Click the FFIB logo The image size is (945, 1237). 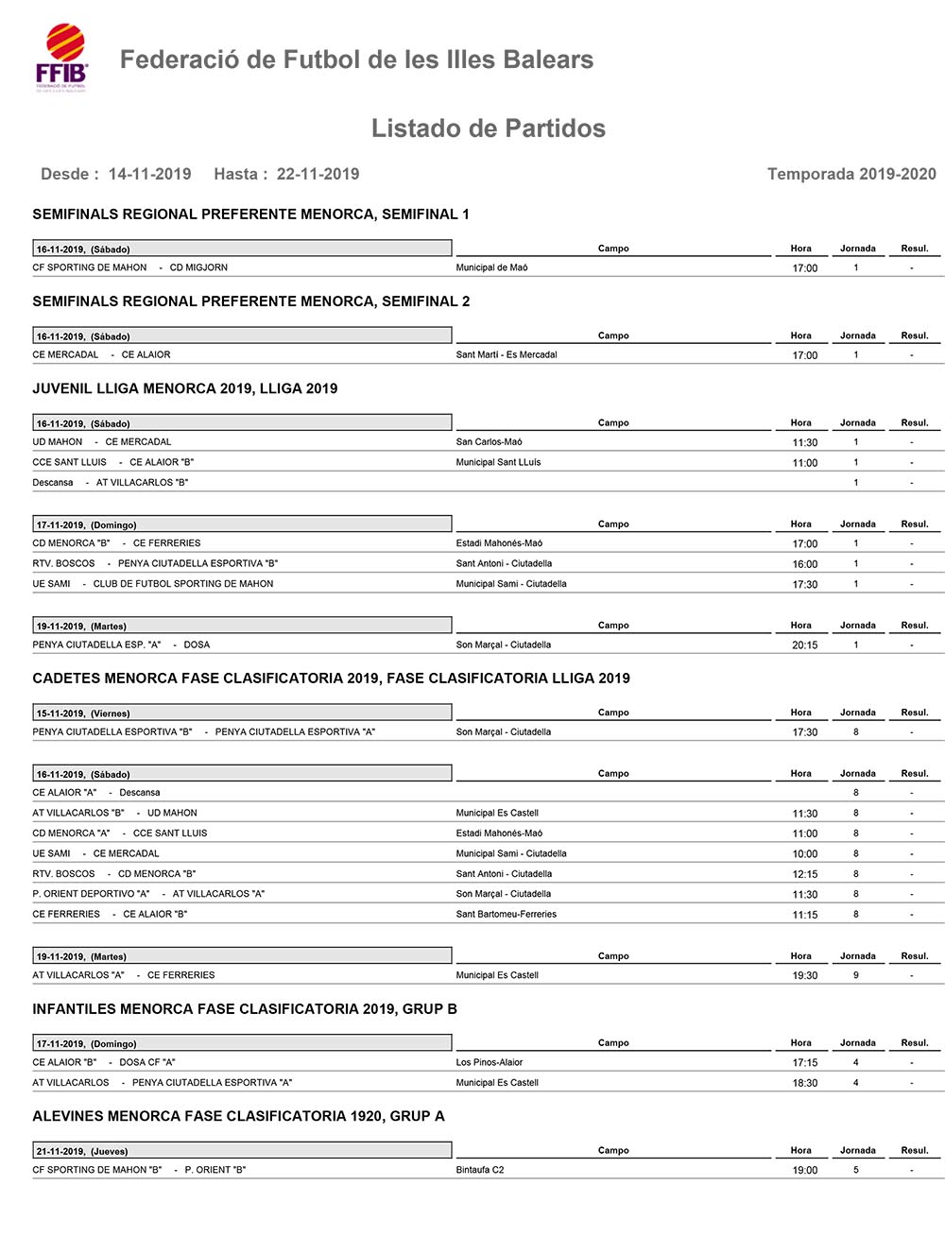(x=62, y=58)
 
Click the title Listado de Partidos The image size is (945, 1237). (x=488, y=129)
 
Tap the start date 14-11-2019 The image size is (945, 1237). (x=149, y=174)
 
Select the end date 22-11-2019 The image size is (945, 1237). (x=318, y=174)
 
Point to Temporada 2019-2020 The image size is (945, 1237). (x=850, y=174)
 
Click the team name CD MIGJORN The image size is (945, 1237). (x=198, y=267)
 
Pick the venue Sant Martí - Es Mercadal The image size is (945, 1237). (x=507, y=355)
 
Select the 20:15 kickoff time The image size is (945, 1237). (x=804, y=645)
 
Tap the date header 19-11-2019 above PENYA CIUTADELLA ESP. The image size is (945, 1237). (x=81, y=627)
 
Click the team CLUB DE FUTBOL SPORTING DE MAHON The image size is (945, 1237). (x=183, y=584)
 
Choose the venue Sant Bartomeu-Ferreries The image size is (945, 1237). (x=507, y=915)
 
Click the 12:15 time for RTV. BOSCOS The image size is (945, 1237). (x=804, y=874)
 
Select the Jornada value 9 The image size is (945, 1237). (x=856, y=975)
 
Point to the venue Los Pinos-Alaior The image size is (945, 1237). (x=490, y=1063)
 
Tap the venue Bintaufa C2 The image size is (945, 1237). (x=480, y=1170)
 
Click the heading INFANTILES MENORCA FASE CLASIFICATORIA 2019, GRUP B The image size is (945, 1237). (x=245, y=1009)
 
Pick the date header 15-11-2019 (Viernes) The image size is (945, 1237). (x=83, y=713)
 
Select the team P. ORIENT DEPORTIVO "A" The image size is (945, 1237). (x=92, y=894)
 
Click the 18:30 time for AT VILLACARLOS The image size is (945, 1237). (x=804, y=1083)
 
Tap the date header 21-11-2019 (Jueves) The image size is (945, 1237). (x=82, y=1152)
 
